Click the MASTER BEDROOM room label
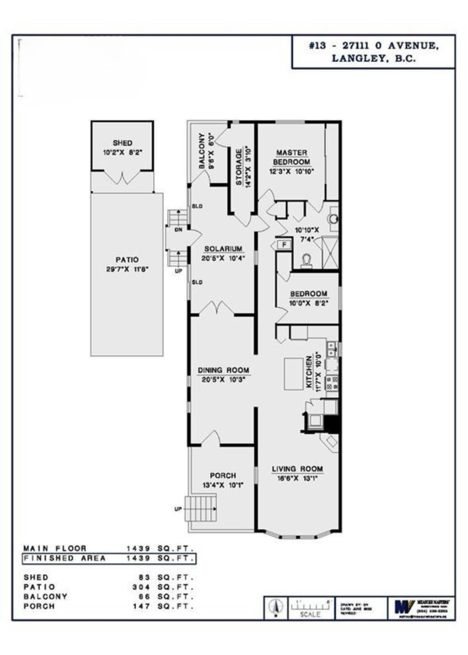(x=292, y=157)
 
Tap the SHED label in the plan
(x=123, y=142)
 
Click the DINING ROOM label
(x=223, y=370)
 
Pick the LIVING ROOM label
(x=297, y=468)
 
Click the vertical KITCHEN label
(x=309, y=372)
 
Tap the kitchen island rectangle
(x=294, y=374)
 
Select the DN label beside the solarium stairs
(x=177, y=230)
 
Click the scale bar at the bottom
(x=307, y=606)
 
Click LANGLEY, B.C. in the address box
(x=374, y=59)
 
